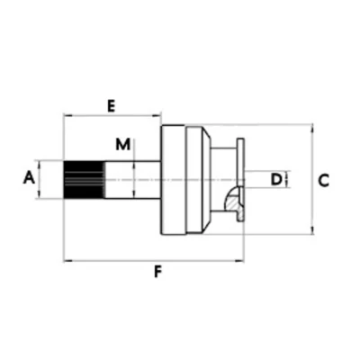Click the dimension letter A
point(29,177)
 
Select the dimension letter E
point(112,106)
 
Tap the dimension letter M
point(123,144)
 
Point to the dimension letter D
point(276,179)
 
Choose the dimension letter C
point(323,181)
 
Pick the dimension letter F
point(157,272)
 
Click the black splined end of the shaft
point(84,180)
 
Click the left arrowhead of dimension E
point(67,115)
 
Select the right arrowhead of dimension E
point(157,115)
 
